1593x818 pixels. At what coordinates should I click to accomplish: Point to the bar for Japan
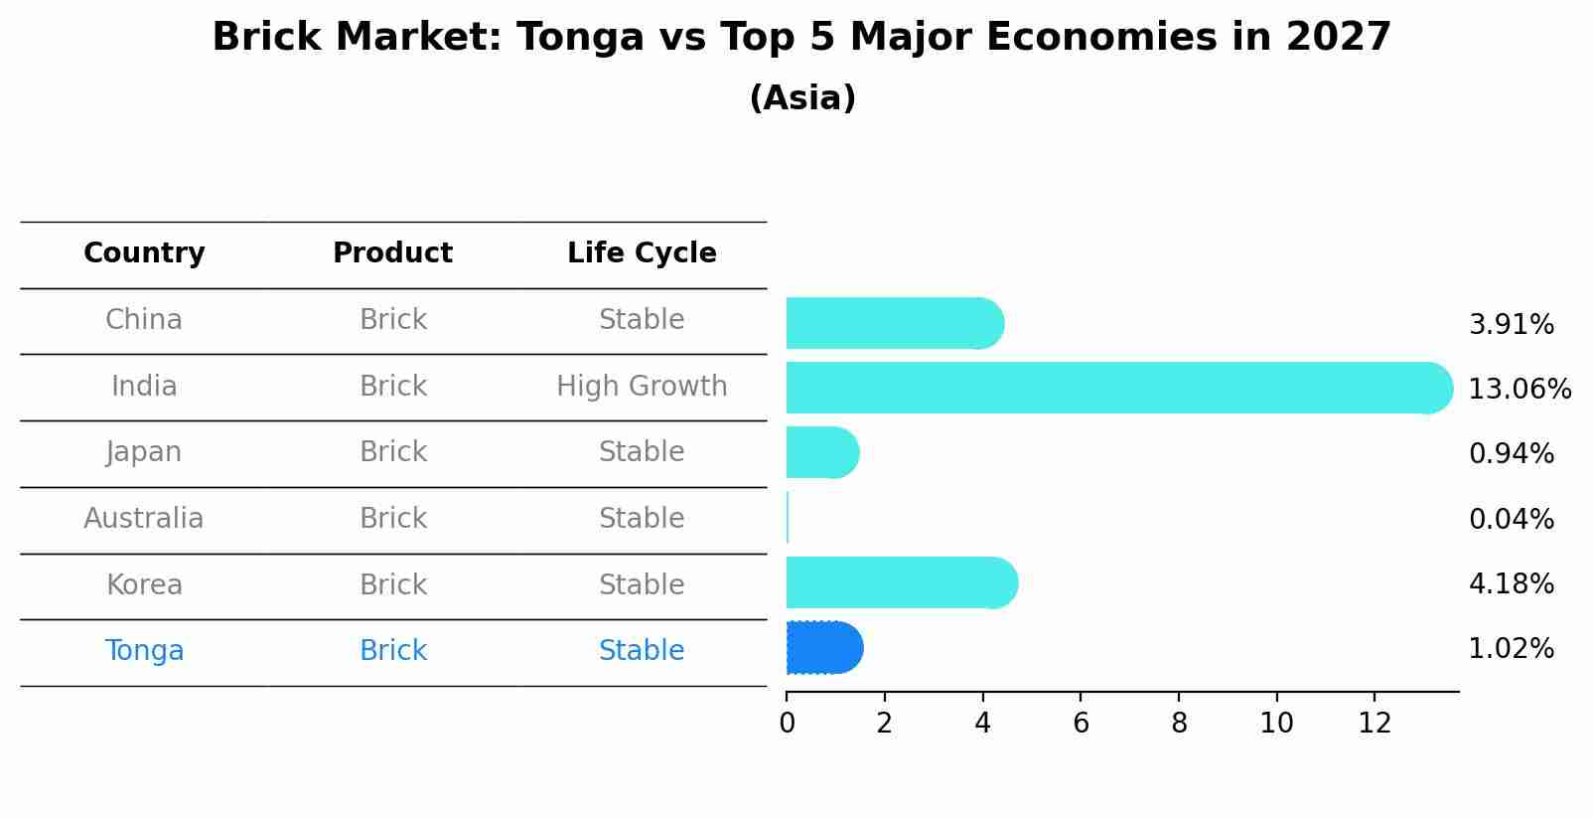tap(821, 452)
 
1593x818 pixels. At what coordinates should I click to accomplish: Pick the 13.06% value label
tap(1519, 390)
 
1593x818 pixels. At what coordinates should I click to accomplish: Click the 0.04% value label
tap(1511, 519)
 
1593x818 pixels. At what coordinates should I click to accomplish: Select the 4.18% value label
tap(1511, 583)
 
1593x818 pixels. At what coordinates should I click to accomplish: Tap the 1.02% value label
tap(1511, 649)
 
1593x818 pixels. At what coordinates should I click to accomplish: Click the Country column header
tap(144, 253)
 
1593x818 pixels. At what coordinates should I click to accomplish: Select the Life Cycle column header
tap(642, 253)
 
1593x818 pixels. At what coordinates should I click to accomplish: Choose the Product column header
tap(392, 253)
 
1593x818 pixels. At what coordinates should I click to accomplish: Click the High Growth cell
tap(642, 387)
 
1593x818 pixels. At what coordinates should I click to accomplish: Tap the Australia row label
tap(144, 519)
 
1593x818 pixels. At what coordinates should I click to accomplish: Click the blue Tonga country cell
tap(144, 651)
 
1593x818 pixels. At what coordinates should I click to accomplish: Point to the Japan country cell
tap(144, 452)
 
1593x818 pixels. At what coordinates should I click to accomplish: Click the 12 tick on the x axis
tap(1375, 724)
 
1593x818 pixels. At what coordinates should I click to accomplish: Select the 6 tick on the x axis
tap(1081, 724)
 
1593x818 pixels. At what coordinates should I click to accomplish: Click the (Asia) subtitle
tap(802, 98)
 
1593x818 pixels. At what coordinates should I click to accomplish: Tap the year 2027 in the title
tap(1338, 38)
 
